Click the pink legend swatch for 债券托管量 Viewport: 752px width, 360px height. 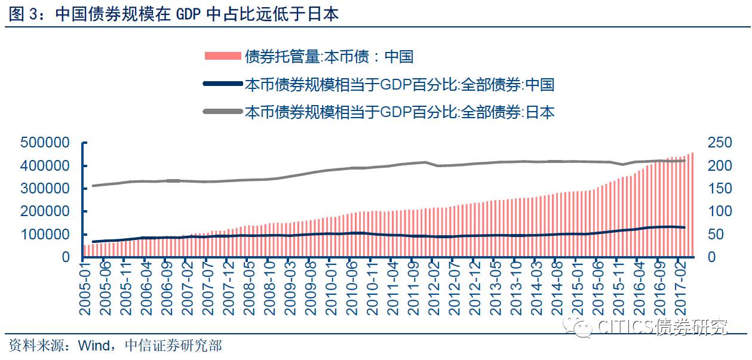pos(222,57)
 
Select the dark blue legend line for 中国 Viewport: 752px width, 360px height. pos(222,84)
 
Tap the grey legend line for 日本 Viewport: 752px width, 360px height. pos(222,112)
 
